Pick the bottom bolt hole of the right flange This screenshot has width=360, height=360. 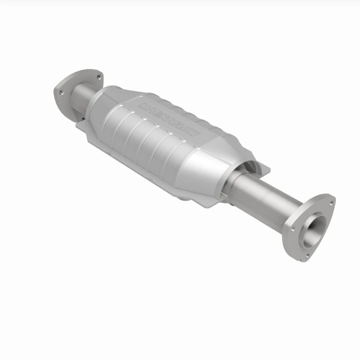coord(307,255)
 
